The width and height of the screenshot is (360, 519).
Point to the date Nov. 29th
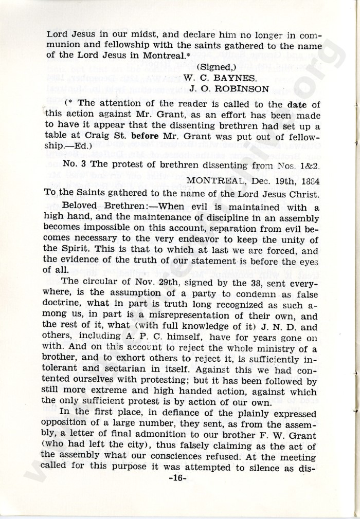(138, 281)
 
